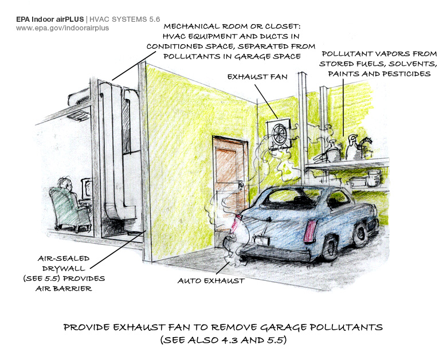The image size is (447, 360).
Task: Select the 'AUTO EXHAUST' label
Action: (x=211, y=281)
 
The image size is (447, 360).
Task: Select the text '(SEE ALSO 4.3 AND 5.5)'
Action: (x=223, y=340)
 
